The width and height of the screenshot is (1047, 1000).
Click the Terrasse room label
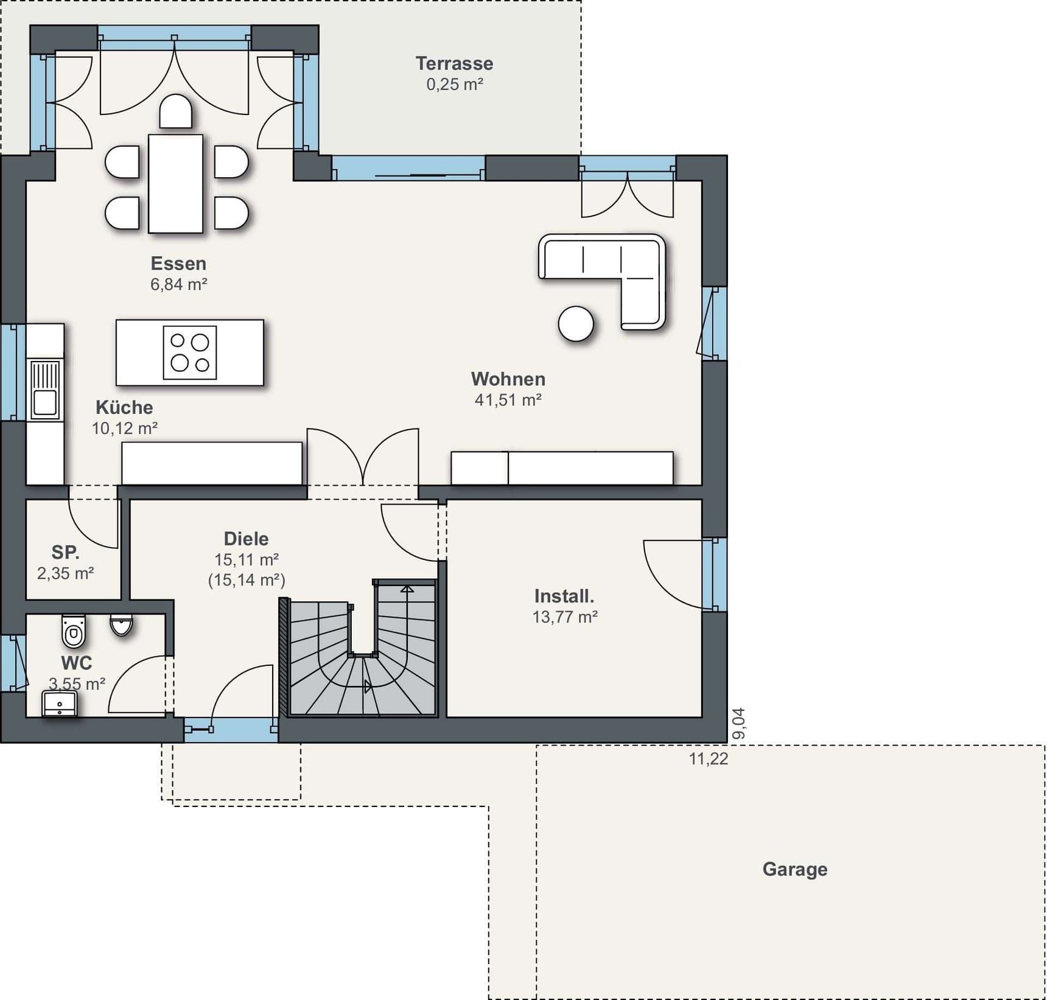(454, 63)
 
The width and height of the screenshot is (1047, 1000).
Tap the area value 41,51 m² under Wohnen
(508, 400)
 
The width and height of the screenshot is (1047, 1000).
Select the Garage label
(795, 869)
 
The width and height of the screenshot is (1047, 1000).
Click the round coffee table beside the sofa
(576, 323)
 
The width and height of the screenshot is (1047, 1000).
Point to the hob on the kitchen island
(190, 352)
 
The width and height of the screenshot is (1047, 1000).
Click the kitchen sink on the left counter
(45, 390)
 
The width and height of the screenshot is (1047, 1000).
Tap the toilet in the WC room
(74, 631)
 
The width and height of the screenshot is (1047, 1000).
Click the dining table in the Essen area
(175, 183)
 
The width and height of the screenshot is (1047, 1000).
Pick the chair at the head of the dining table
(176, 111)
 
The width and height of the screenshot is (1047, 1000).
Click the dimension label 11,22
(709, 759)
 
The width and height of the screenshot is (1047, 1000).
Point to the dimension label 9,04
(738, 724)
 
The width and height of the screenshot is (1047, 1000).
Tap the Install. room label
(564, 596)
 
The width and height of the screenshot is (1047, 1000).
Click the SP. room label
(66, 552)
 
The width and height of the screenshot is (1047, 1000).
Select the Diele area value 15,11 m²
(247, 559)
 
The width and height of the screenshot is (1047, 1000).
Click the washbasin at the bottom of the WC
(60, 704)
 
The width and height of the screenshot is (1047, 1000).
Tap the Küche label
(124, 407)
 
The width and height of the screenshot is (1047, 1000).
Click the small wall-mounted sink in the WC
(121, 624)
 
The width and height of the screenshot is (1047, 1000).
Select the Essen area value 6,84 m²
(179, 284)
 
